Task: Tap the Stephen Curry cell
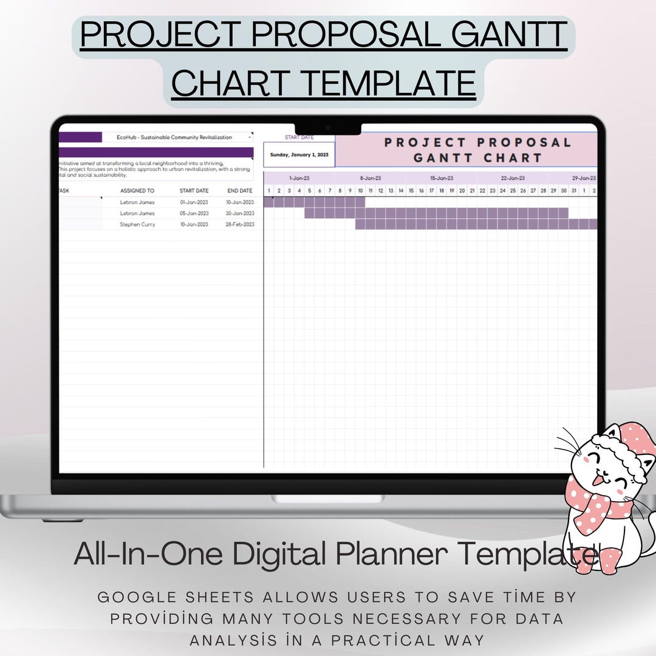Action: (137, 224)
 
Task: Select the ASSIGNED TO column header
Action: (137, 191)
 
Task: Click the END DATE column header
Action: (240, 191)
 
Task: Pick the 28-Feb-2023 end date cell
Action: (240, 224)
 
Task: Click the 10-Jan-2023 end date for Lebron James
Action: (240, 202)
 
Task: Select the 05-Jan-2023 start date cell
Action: (194, 213)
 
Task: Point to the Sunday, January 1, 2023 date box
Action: (299, 155)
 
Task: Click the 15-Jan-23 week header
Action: (442, 179)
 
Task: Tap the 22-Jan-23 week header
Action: (513, 179)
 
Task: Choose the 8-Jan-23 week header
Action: (371, 179)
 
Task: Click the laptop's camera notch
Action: (328, 128)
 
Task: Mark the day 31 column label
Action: (573, 191)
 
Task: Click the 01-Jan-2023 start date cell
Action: (194, 202)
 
